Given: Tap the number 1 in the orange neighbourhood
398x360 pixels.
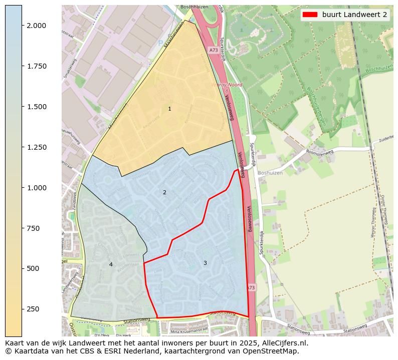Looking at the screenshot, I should (x=169, y=109).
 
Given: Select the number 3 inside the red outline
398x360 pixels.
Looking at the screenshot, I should (x=205, y=263).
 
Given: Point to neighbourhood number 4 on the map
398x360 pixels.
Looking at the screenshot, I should (x=111, y=264).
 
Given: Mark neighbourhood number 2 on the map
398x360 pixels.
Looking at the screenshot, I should (x=164, y=192).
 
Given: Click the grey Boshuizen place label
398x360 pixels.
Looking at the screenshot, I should (x=270, y=173).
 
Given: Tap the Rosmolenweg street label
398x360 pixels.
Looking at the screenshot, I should (x=319, y=152).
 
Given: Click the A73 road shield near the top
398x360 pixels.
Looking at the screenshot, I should (x=213, y=50).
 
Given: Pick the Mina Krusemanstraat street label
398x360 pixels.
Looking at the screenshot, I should (x=189, y=330).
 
